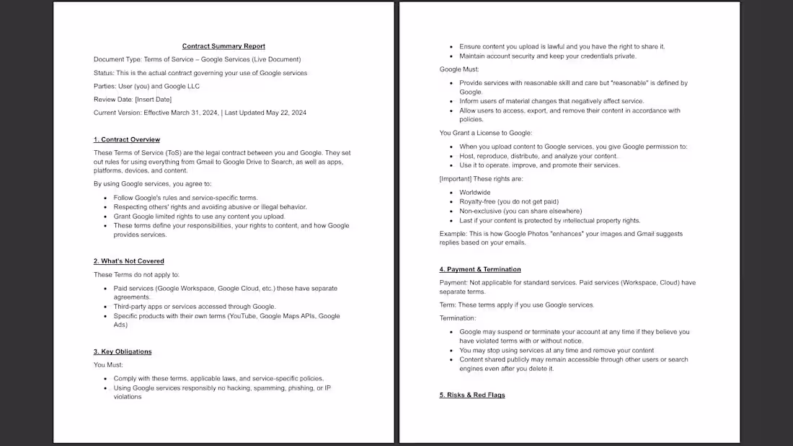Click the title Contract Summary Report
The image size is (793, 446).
tap(223, 46)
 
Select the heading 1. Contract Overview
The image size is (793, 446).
tap(127, 139)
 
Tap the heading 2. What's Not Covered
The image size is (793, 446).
tap(129, 261)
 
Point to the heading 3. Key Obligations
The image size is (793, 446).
tap(123, 351)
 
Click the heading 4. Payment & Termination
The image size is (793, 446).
tap(480, 269)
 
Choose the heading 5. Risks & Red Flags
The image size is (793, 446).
tap(472, 395)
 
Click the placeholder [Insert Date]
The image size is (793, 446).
tap(154, 100)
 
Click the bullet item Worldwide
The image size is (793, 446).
tap(474, 193)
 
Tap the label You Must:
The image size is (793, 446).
tap(108, 364)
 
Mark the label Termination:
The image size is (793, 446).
tap(458, 318)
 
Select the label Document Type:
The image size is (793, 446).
tap(118, 59)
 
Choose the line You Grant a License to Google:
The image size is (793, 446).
tap(486, 133)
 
